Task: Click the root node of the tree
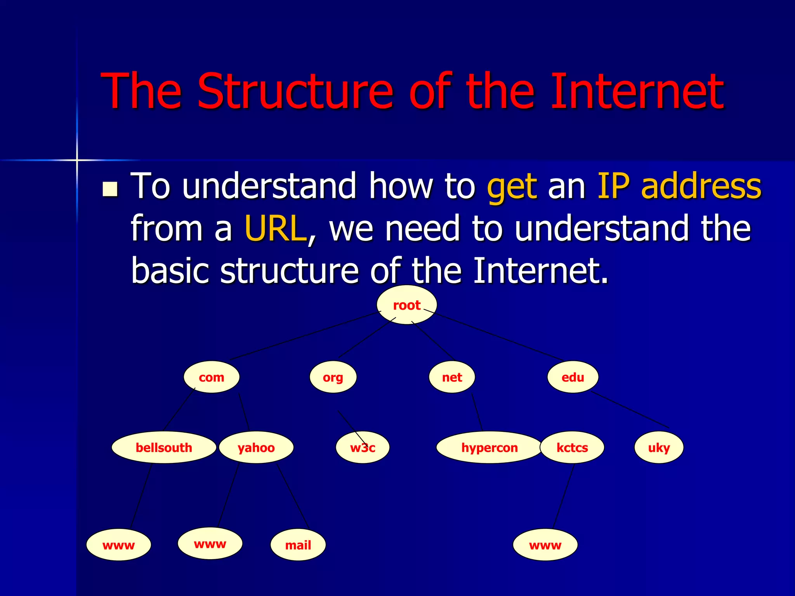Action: click(407, 305)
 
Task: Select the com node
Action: click(212, 377)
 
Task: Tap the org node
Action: click(333, 377)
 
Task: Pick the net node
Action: click(452, 377)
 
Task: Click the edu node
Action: click(573, 377)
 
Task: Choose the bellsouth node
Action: click(164, 447)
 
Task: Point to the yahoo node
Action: click(256, 447)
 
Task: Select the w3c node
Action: click(363, 447)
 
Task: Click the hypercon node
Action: click(489, 447)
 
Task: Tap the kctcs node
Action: click(572, 447)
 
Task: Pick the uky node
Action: click(659, 447)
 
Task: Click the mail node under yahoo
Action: click(298, 545)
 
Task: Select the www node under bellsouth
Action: click(118, 545)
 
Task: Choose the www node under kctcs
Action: click(545, 545)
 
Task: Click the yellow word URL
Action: click(275, 228)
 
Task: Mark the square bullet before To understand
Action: click(110, 189)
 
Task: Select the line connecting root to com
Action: click(305, 336)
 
